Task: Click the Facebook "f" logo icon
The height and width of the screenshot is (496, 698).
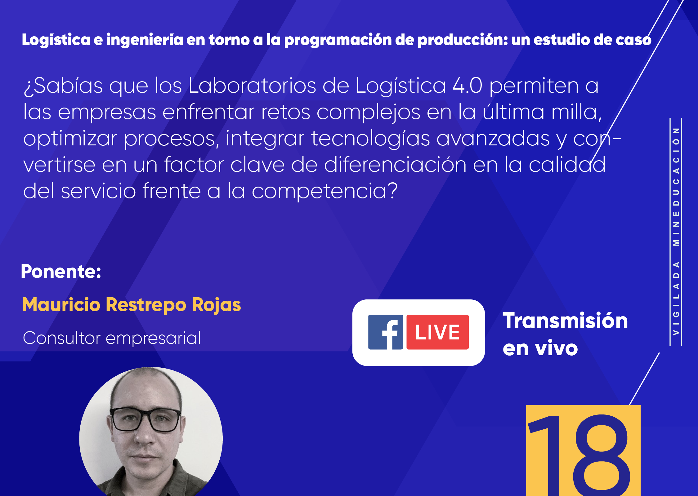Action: pos(385,332)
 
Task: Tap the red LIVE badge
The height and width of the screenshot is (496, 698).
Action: pos(437,332)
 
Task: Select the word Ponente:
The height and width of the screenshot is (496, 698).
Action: pos(61,272)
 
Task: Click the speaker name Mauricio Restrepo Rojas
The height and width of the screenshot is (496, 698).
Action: pos(132,305)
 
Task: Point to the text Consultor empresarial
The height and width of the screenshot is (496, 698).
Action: pos(112,338)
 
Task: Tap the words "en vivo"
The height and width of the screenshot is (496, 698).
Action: pos(540,348)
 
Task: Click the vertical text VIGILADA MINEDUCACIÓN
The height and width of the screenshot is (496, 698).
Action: pos(676,231)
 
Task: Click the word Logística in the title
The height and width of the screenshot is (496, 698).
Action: pos(56,40)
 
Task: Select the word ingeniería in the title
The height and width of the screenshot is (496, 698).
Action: pos(145,40)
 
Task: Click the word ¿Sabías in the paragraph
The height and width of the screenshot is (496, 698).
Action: pos(63,86)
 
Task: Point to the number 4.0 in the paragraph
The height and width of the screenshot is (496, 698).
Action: pos(468,86)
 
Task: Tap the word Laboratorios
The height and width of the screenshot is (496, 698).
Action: pos(252,86)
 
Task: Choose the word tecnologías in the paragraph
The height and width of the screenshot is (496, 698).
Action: pos(371,139)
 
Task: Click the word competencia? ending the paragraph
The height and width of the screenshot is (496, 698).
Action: pos(324,191)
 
